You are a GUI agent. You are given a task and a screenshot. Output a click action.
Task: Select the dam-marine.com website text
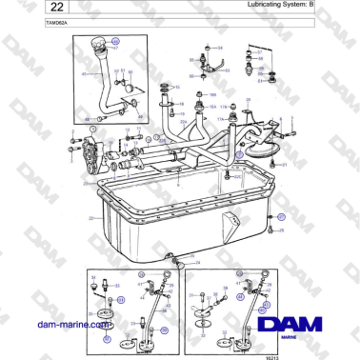coord(68,324)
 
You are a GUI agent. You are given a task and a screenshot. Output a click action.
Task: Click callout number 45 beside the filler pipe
coord(83,73)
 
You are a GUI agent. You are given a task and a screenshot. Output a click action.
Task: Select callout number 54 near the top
coord(220,47)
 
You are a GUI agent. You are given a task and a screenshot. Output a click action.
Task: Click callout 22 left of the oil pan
coord(90,217)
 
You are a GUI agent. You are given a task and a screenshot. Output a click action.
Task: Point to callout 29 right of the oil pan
coord(281,230)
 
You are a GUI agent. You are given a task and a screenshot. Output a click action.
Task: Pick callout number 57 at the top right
coord(260,51)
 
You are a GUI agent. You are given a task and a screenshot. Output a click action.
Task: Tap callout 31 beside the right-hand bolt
coord(284,164)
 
